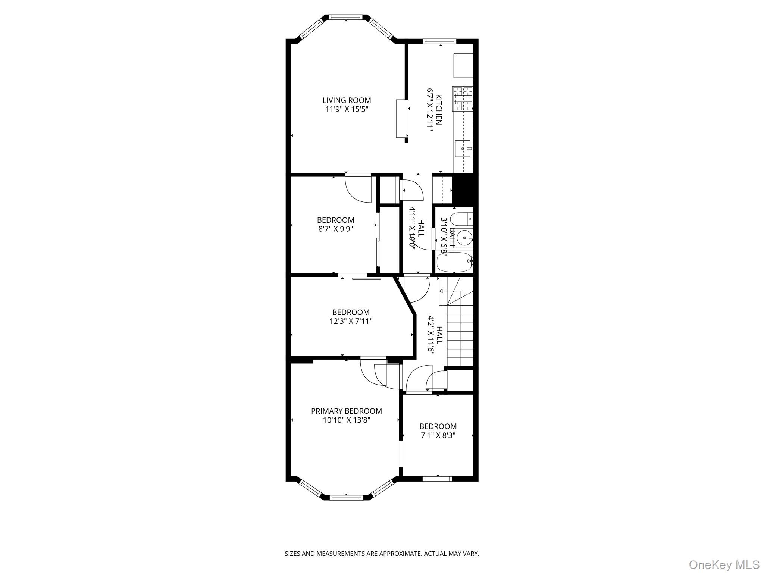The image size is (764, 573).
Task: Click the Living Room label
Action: [x=347, y=100]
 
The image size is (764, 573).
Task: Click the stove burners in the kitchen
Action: [x=463, y=98]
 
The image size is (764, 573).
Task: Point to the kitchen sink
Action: [x=463, y=148]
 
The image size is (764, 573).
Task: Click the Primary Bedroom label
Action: [x=346, y=411]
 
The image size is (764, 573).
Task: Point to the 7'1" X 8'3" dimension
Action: [x=438, y=435]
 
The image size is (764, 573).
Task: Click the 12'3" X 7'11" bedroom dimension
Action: [x=351, y=321]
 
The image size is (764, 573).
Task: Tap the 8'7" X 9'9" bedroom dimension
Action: [x=335, y=229]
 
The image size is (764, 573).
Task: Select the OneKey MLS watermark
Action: [x=724, y=564]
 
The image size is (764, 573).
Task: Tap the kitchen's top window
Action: [x=439, y=41]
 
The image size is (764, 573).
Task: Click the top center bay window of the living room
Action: [x=346, y=17]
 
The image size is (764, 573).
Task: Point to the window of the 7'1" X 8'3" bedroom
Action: [x=437, y=479]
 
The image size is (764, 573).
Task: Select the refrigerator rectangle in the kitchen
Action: [x=463, y=65]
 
